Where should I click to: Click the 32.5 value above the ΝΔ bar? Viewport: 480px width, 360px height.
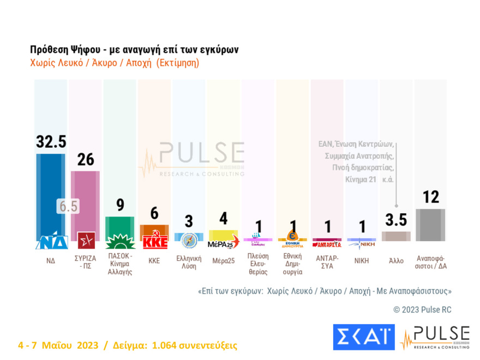tap(51, 142)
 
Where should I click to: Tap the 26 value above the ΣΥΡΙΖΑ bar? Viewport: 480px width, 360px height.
tap(85, 159)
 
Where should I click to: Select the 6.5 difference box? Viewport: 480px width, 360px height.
tap(68, 206)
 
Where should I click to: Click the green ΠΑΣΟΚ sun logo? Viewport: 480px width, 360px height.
tap(119, 241)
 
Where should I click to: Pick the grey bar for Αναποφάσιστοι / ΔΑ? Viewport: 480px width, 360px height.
tap(430, 225)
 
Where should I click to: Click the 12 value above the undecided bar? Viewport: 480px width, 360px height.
tap(430, 197)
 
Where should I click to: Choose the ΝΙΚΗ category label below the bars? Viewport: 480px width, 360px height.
tap(361, 261)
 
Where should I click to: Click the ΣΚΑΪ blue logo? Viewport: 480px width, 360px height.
tap(363, 337)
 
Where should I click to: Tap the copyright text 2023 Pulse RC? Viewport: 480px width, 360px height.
tap(422, 309)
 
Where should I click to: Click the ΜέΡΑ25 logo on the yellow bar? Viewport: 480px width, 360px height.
tap(224, 240)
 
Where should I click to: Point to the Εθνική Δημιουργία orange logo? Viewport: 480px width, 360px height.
tap(292, 238)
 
